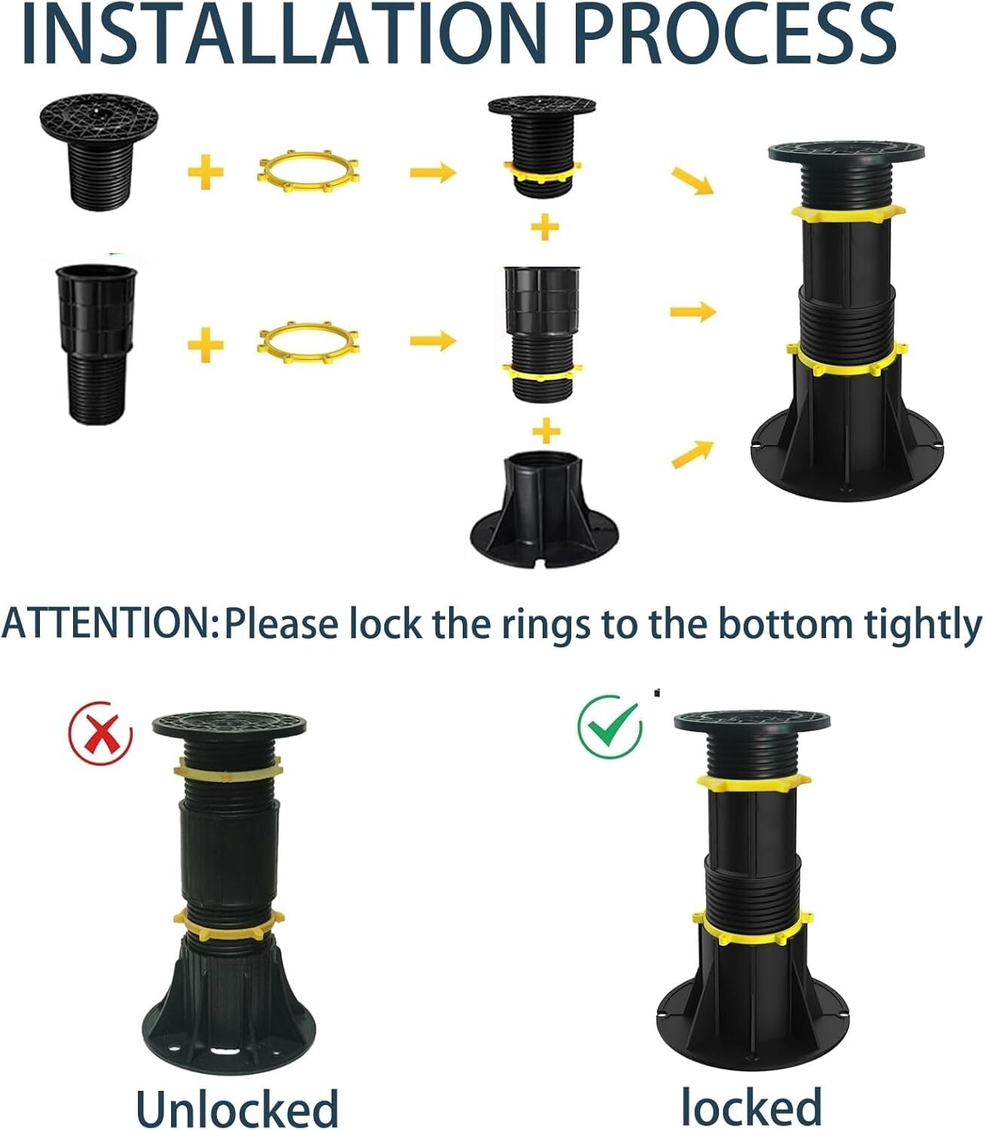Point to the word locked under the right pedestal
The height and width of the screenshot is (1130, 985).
pyautogui.click(x=751, y=1105)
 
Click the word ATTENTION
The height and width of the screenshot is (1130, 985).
pyautogui.click(x=110, y=623)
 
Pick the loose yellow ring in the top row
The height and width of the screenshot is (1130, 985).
pyautogui.click(x=308, y=172)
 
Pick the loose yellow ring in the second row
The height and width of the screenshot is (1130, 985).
pyautogui.click(x=308, y=342)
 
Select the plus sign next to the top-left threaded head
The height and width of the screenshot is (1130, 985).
pyautogui.click(x=206, y=173)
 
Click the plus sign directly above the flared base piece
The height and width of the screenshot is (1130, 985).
pyautogui.click(x=546, y=432)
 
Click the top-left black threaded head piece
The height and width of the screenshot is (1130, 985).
pyautogui.click(x=99, y=155)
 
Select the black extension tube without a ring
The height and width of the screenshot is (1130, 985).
pyautogui.click(x=96, y=342)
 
